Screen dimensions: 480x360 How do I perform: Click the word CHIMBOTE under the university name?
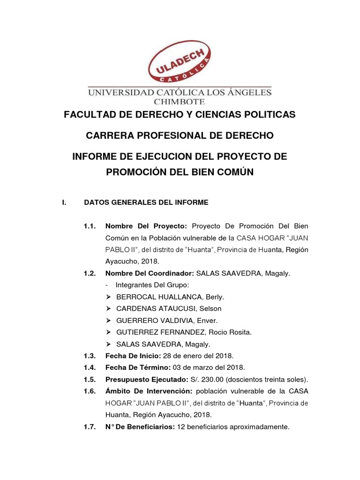(180, 101)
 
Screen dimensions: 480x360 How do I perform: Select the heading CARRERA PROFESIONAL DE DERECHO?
(180, 136)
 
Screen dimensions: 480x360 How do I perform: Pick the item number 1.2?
(90, 273)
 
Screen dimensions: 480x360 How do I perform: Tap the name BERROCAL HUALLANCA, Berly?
(170, 297)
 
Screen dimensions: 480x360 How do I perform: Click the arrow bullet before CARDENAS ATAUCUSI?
(108, 309)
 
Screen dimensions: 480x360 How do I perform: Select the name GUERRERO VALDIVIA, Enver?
(167, 321)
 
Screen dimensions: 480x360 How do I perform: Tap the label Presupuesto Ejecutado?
(146, 379)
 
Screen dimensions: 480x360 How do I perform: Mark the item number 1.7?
(90, 427)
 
